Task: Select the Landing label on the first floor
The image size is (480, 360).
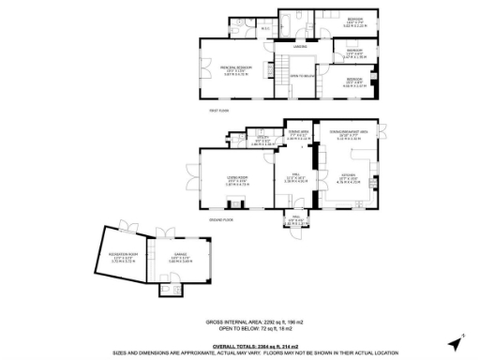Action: [x=300, y=46]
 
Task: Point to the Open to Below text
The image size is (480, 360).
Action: [x=301, y=75]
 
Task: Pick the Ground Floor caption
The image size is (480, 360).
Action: [x=223, y=218]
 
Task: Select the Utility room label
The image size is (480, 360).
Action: [x=263, y=140]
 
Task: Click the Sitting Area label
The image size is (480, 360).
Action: [x=298, y=135]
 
